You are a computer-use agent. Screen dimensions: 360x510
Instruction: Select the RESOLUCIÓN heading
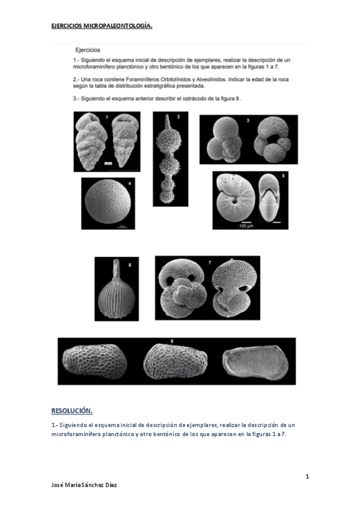pyautogui.click(x=72, y=411)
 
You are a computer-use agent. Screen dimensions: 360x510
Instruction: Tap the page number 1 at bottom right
pyautogui.click(x=307, y=477)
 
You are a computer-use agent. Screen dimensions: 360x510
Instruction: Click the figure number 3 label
pyautogui.click(x=248, y=121)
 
